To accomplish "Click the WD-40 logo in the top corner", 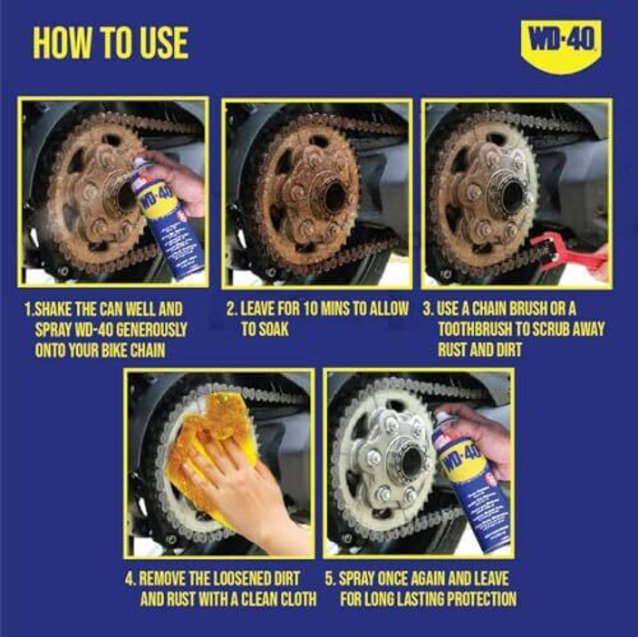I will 561,42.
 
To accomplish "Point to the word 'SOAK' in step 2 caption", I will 272,329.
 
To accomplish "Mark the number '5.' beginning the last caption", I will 331,577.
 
